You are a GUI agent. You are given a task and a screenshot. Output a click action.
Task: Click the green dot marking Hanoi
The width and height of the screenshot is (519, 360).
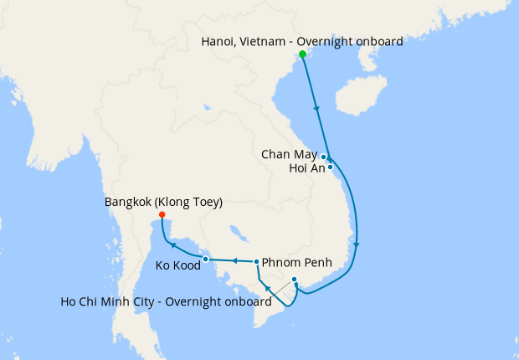(x=302, y=54)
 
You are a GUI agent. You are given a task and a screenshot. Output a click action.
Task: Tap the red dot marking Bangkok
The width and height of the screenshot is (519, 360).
(x=162, y=215)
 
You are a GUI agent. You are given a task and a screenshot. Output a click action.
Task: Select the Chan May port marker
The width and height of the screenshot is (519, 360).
(x=324, y=157)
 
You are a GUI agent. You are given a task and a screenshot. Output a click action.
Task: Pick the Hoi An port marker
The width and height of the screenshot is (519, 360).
(x=331, y=167)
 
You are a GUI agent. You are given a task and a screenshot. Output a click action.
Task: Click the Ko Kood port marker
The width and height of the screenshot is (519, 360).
(x=206, y=259)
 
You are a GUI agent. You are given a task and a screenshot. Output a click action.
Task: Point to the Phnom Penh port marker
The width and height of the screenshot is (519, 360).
(x=256, y=262)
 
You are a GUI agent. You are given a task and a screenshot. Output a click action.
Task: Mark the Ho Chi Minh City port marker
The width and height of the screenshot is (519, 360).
(x=294, y=279)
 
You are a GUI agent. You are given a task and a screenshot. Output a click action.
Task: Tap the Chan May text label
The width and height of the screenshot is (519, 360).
(x=289, y=155)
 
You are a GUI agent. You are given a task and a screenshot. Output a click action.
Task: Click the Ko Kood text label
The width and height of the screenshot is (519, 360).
(x=177, y=267)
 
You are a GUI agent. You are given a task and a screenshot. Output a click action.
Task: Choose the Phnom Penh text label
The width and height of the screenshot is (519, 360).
(x=297, y=263)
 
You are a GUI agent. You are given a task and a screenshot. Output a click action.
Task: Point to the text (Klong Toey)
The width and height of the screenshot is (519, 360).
(x=192, y=202)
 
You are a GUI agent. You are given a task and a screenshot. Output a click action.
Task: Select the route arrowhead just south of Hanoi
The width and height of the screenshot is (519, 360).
(x=316, y=108)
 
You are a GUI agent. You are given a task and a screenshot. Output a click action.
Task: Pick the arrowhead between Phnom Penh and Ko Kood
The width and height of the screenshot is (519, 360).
(x=235, y=260)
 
